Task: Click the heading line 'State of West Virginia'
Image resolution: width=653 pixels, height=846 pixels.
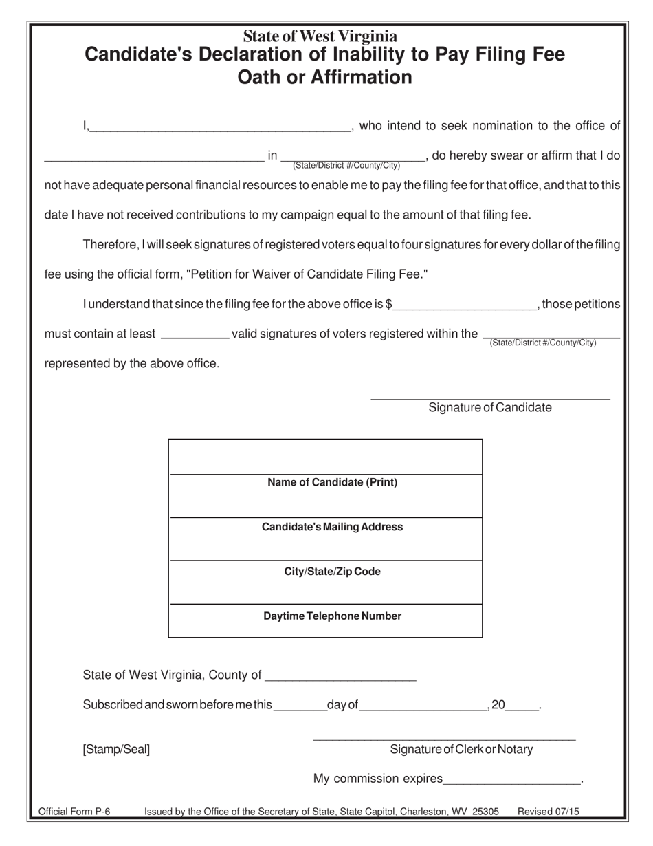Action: coord(320,36)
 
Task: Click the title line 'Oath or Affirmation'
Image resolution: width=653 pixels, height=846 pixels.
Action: coord(324,77)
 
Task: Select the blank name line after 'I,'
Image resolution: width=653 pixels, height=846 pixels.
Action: coord(220,125)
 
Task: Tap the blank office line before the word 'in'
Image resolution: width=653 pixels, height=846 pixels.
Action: coord(154,156)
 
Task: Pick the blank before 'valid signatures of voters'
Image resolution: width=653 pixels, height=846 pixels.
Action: coord(195,334)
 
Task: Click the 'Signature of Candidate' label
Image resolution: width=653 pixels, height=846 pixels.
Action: coord(489,408)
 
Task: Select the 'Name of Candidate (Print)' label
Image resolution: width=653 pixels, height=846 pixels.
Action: coord(332,483)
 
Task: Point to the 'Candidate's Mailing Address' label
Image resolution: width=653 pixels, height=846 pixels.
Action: coord(332,528)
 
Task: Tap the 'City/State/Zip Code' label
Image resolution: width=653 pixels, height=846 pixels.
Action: coord(332,572)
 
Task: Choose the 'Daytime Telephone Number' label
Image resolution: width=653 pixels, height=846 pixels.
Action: coord(332,616)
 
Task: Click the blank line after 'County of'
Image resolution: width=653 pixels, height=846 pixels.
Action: coord(340,675)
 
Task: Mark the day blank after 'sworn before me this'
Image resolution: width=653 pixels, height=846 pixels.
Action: coord(300,706)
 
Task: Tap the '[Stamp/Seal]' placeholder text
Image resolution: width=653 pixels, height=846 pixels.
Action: coord(116,750)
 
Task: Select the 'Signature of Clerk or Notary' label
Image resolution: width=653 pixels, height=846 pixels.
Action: coord(461,750)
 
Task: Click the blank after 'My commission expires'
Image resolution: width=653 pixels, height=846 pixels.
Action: coord(512,779)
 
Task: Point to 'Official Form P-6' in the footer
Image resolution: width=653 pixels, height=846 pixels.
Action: coord(74,812)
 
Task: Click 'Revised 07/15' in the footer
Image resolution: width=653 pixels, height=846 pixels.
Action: coord(548,812)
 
